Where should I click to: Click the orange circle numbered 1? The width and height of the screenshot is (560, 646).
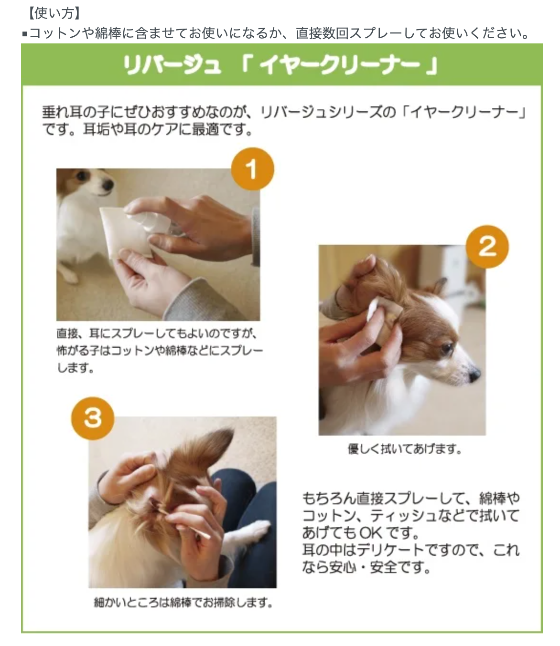[x=253, y=169]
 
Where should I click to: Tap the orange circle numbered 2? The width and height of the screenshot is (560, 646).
[x=487, y=247]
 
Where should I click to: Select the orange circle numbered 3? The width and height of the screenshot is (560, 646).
[x=93, y=418]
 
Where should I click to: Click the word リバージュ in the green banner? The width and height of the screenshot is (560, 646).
[x=172, y=65]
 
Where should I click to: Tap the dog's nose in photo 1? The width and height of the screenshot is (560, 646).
[x=108, y=185]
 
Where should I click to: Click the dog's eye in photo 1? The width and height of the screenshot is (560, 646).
[x=82, y=176]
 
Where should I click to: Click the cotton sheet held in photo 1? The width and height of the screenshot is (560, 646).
[x=125, y=233]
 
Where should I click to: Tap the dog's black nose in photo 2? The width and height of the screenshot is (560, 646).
[x=474, y=375]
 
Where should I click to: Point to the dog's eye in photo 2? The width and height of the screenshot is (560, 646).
[x=446, y=347]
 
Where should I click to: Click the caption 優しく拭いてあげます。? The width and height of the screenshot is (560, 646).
[x=405, y=449]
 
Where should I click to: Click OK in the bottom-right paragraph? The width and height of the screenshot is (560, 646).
[x=371, y=532]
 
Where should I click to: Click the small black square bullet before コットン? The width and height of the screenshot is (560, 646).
[x=25, y=34]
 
